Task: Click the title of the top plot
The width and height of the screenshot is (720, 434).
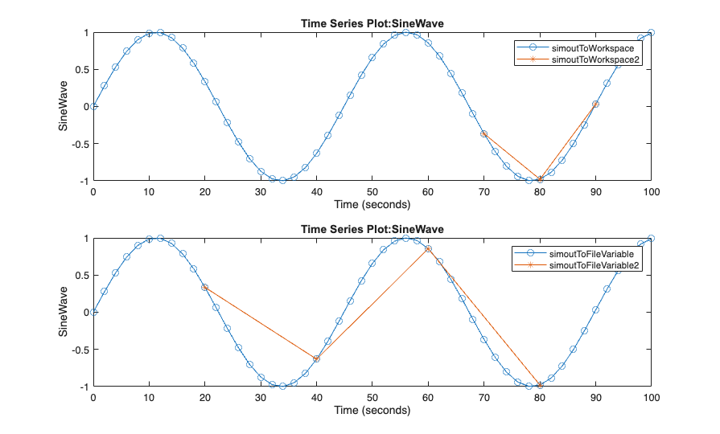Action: [372, 23]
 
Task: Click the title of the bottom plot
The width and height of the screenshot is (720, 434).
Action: [372, 230]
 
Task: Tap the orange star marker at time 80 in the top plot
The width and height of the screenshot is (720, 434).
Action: [540, 179]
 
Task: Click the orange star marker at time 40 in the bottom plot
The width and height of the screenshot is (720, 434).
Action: [316, 358]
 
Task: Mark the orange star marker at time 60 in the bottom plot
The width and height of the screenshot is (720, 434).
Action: [428, 249]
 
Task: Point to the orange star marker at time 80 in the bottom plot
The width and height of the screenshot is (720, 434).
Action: [540, 386]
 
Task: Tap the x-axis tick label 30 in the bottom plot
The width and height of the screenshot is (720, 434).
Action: [261, 398]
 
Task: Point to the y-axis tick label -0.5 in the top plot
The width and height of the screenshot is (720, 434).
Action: [78, 143]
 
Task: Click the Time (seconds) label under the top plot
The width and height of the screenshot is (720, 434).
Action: [372, 204]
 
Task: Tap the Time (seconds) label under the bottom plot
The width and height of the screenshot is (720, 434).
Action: [372, 411]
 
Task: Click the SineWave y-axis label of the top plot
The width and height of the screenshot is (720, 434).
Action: [62, 106]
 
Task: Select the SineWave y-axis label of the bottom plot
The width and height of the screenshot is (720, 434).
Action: [62, 313]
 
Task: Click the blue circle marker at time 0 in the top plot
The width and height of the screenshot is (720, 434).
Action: [93, 106]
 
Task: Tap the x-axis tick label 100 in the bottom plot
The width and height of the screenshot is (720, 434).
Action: [651, 398]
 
